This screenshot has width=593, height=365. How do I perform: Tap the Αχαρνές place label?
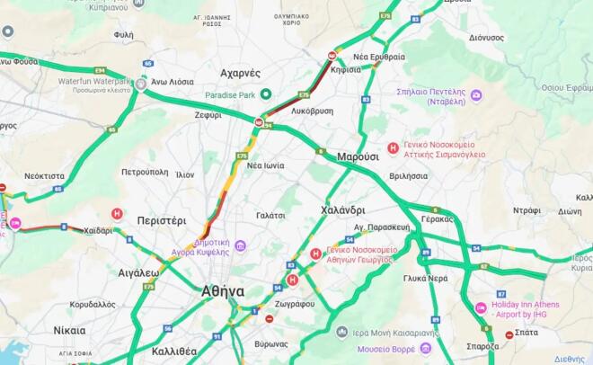[240, 73]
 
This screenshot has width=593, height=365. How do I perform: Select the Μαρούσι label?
[358, 156]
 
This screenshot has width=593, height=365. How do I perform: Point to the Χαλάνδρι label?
[342, 210]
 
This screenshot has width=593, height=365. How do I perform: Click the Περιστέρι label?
[162, 219]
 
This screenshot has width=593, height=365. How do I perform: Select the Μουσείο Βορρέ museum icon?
[425, 348]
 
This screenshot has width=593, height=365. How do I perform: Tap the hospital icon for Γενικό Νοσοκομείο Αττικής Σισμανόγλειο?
[393, 148]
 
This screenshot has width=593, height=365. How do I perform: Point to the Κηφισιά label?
[346, 69]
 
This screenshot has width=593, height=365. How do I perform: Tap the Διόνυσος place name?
[486, 38]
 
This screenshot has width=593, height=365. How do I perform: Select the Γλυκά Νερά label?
[426, 278]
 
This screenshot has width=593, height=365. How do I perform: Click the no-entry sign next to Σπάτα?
[509, 334]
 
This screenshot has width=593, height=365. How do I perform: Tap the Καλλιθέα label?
[175, 351]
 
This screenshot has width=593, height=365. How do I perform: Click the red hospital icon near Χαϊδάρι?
[116, 214]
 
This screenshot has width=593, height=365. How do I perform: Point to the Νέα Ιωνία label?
[266, 165]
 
